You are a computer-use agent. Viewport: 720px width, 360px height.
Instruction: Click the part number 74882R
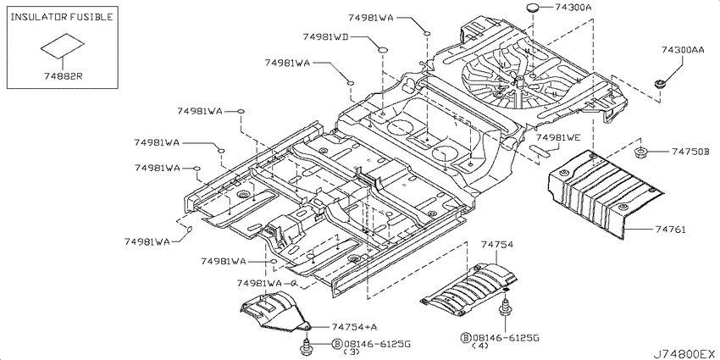click(64, 76)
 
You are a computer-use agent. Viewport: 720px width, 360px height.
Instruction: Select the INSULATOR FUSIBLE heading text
click(62, 18)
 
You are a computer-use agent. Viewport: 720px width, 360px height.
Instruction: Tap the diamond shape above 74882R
click(63, 46)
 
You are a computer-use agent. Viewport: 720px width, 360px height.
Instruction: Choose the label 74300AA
click(683, 50)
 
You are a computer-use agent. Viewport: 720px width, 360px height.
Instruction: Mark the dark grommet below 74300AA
click(660, 85)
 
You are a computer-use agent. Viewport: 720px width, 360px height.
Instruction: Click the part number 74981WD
click(325, 36)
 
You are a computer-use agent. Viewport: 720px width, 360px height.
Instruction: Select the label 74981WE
click(558, 138)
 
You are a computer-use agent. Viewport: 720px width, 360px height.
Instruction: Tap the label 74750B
click(690, 151)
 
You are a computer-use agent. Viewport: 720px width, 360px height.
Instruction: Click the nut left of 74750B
click(640, 153)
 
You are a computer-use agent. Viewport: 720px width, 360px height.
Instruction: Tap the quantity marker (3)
click(351, 352)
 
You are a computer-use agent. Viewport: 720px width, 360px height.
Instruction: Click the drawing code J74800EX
click(685, 354)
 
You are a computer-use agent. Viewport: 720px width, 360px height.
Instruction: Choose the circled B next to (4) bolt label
click(465, 338)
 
